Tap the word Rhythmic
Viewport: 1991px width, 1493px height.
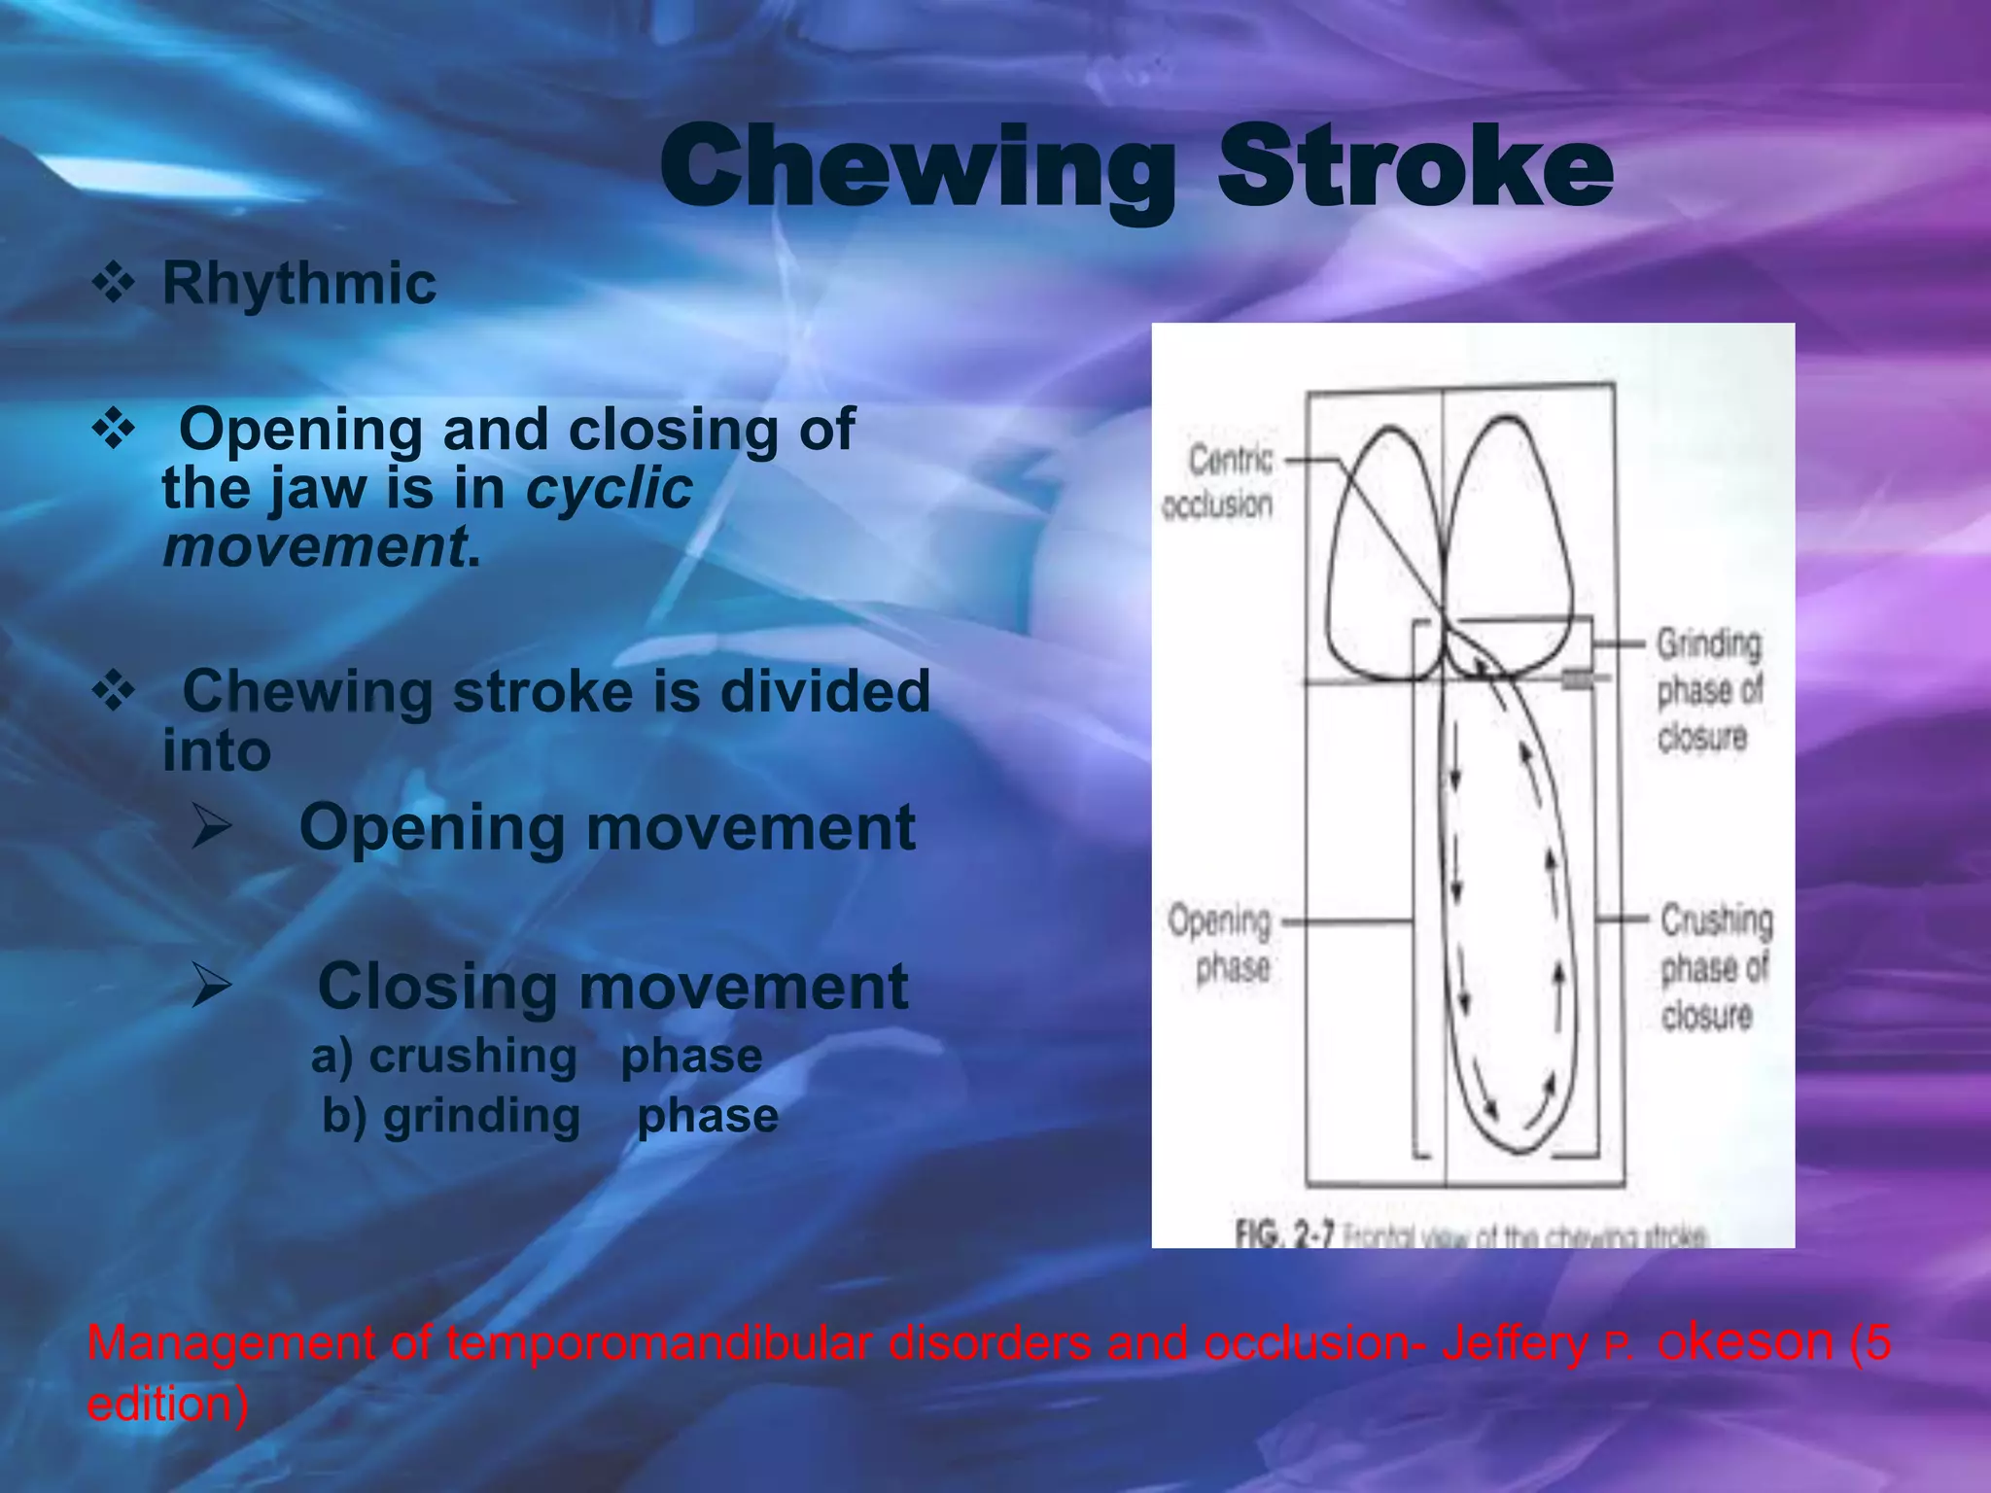[x=298, y=284]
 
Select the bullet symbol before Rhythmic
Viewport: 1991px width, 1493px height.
[x=114, y=284]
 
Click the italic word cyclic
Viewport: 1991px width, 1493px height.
[x=609, y=488]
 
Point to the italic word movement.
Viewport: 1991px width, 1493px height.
[x=314, y=547]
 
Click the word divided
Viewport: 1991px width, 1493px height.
[x=824, y=692]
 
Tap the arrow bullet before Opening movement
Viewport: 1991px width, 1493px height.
[x=212, y=828]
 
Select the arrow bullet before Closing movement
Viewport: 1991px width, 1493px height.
[x=212, y=986]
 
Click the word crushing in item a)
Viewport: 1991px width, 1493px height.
[x=472, y=1057]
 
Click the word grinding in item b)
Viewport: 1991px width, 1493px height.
[x=481, y=1116]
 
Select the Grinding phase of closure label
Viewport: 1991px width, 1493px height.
[x=1708, y=690]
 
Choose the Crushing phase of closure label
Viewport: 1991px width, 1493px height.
[x=1715, y=966]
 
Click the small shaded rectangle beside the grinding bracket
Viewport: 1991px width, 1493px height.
[x=1577, y=679]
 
